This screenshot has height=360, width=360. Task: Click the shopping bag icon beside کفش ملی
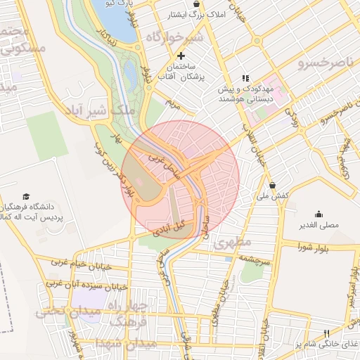pyautogui.click(x=273, y=186)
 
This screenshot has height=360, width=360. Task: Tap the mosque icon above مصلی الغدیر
pyautogui.click(x=319, y=214)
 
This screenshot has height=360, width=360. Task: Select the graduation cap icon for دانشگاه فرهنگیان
pyautogui.click(x=27, y=196)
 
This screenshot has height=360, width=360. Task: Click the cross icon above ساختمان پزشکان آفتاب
pyautogui.click(x=181, y=56)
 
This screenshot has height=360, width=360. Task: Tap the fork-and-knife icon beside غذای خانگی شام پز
pyautogui.click(x=326, y=333)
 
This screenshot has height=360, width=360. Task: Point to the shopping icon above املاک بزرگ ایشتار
pyautogui.click(x=205, y=4)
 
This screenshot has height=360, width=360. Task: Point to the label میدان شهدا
pyautogui.click(x=137, y=345)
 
